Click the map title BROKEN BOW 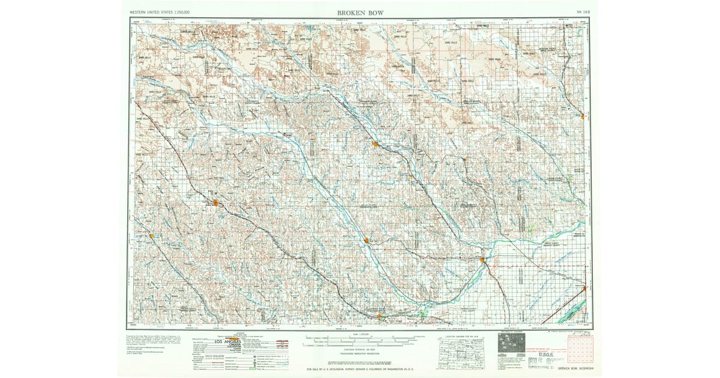360,12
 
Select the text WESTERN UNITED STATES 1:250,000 160,13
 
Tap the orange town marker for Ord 374,144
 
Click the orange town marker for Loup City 366,241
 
